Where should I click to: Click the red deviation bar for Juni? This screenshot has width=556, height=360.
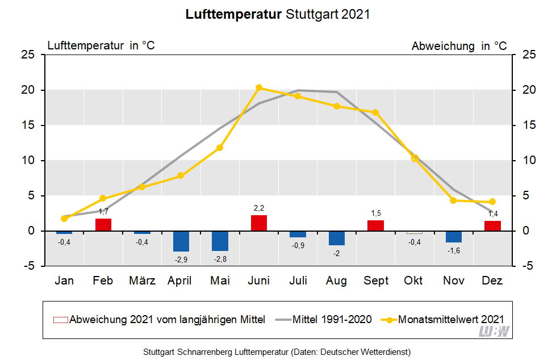tap(259, 223)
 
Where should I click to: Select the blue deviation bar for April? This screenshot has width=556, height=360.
tap(181, 241)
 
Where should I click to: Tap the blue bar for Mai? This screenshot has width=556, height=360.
tap(220, 241)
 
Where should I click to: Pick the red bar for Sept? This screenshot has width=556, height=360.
tap(375, 225)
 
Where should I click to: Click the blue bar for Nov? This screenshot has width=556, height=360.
tap(453, 236)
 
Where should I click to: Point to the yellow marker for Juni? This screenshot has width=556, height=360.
tap(259, 87)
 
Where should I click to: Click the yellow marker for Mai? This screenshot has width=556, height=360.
tap(220, 148)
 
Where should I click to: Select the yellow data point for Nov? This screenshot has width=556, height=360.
tap(453, 200)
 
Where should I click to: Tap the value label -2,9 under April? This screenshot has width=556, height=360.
tap(181, 259)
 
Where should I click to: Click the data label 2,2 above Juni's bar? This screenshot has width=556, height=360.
tap(259, 208)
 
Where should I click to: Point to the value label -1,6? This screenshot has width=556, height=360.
tap(453, 250)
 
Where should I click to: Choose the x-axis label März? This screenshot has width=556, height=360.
tap(142, 281)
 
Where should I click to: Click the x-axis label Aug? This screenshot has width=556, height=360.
tap(337, 281)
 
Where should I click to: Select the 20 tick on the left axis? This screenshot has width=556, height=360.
tap(29, 90)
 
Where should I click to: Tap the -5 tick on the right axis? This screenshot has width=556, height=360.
tap(526, 266)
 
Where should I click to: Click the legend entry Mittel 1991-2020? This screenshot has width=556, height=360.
tap(332, 320)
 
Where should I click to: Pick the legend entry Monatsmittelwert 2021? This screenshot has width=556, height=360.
tap(451, 320)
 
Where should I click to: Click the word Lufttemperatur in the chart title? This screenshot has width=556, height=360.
tap(233, 14)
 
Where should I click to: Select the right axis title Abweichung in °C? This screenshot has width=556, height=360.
tap(459, 46)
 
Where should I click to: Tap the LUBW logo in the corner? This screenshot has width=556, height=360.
tap(494, 332)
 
